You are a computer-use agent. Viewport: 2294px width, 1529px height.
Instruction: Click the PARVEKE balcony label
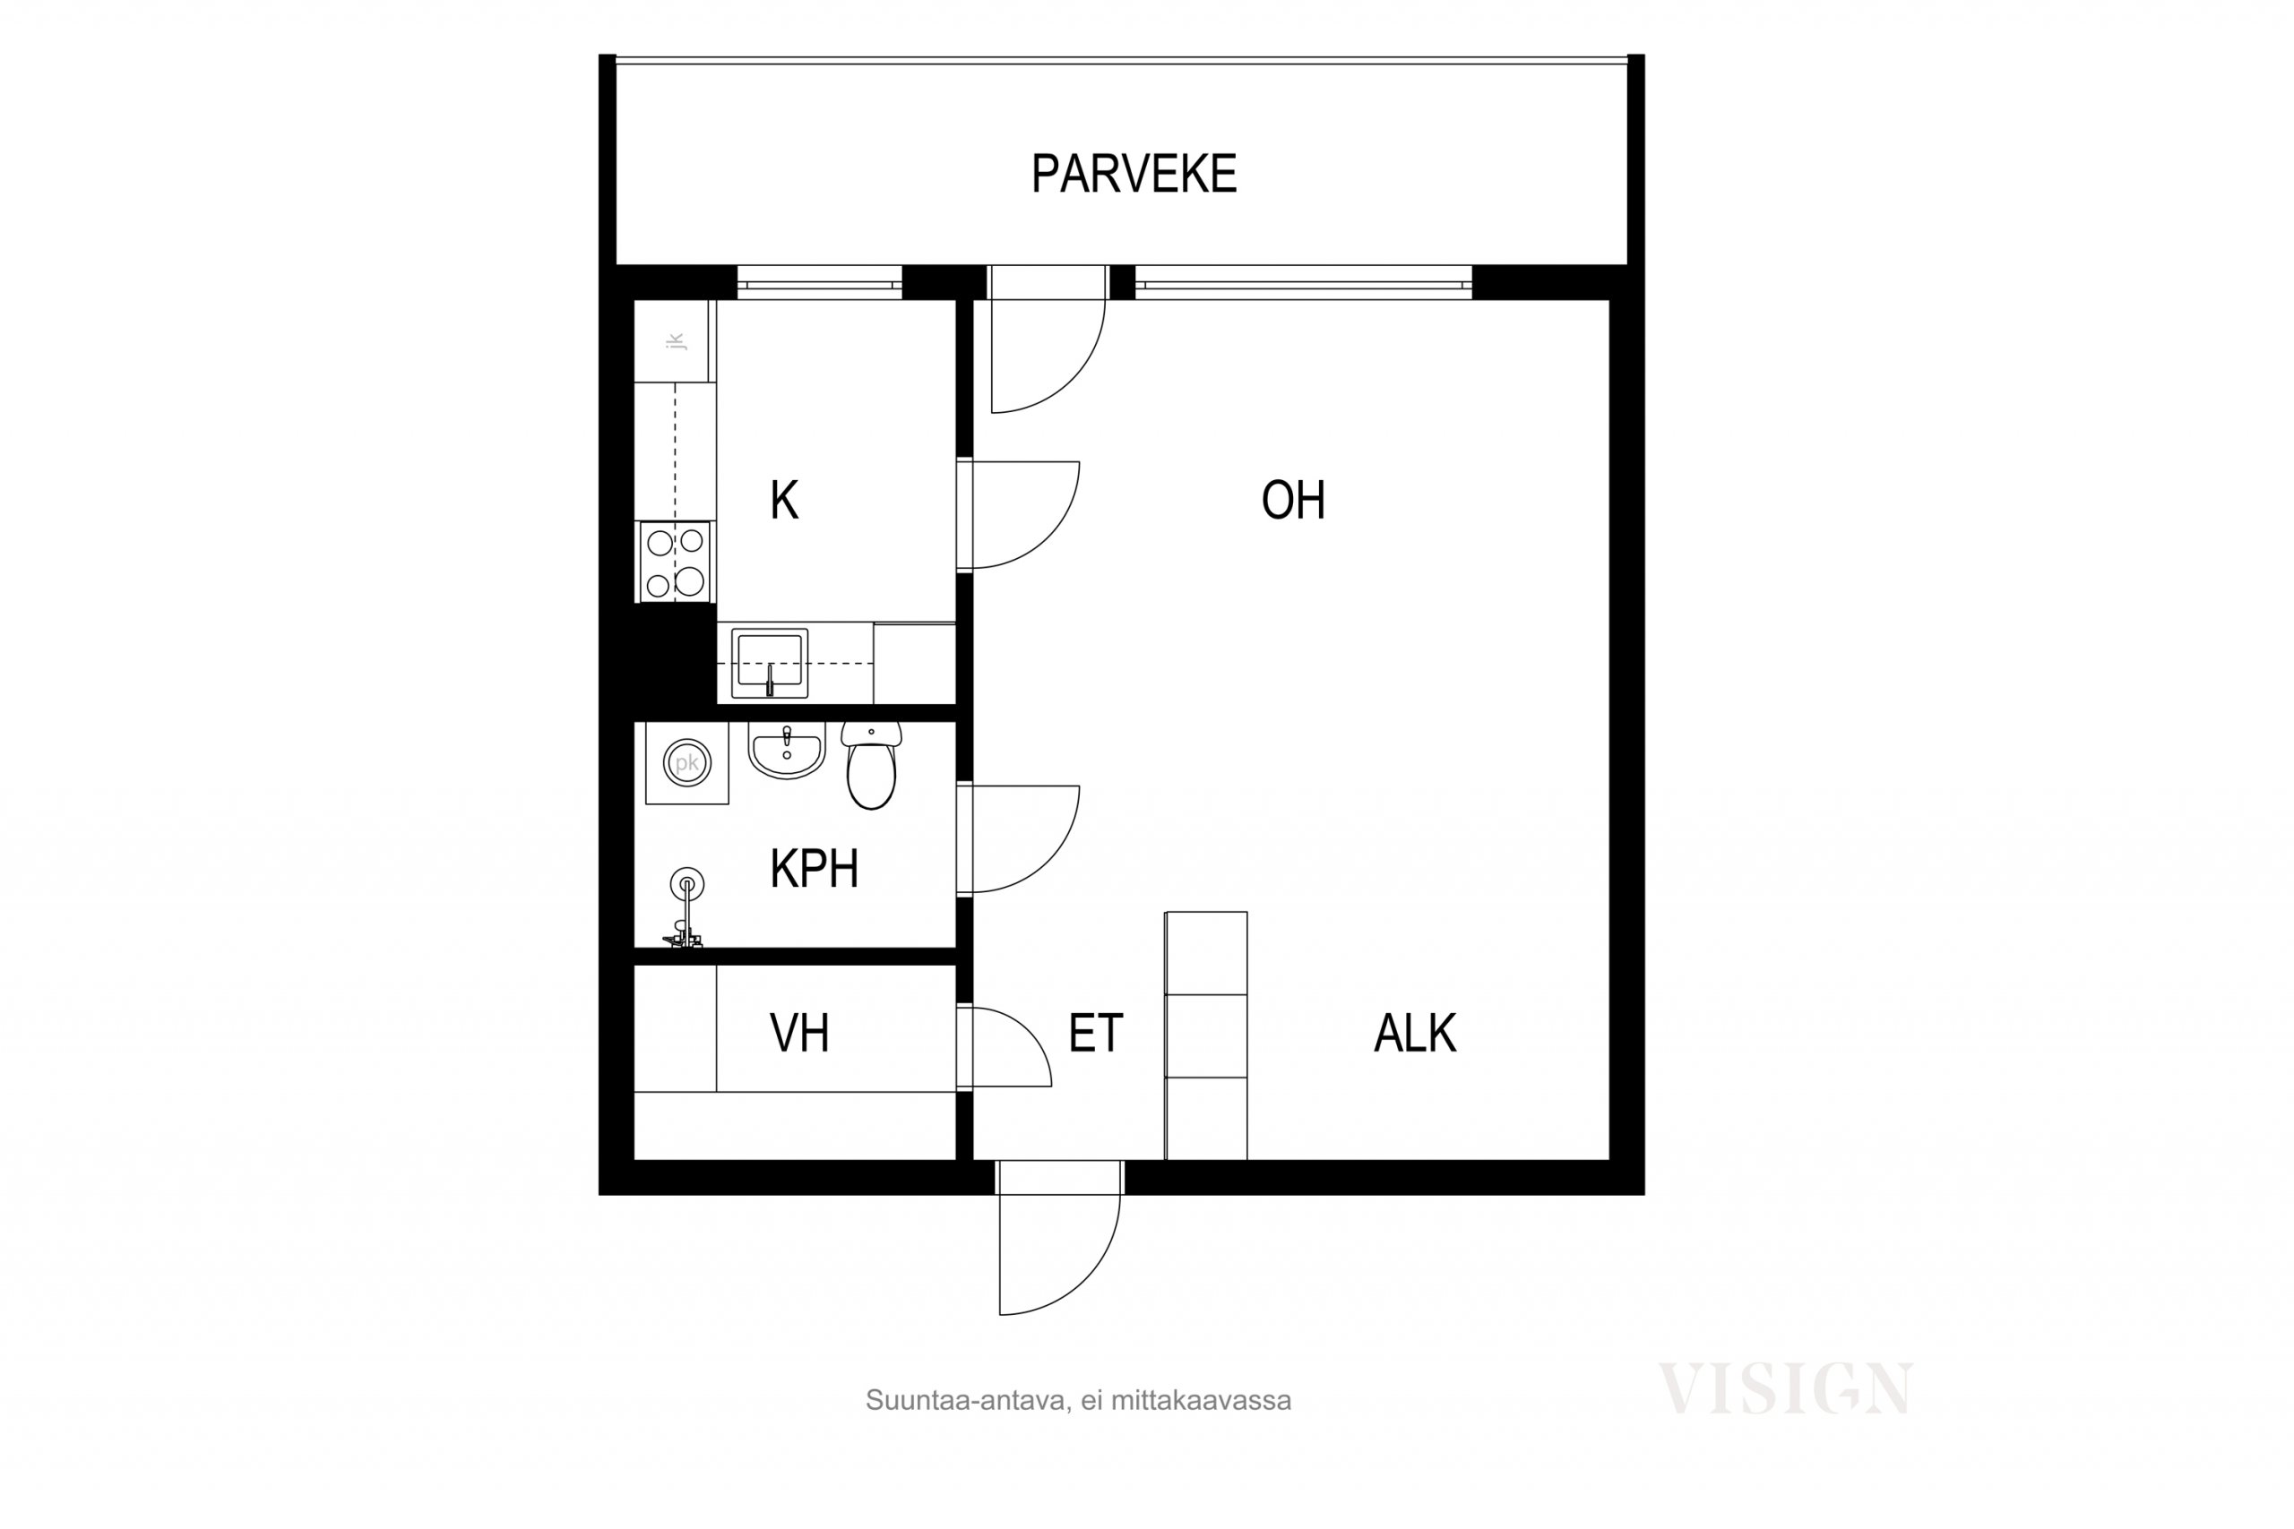coord(1134,174)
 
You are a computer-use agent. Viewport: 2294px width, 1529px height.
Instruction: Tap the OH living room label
coord(1292,500)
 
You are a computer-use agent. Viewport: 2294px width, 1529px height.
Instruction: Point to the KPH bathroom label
coord(814,869)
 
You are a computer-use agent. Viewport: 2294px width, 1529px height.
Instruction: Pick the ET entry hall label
coord(1095,1033)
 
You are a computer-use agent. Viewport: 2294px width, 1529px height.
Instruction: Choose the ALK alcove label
coord(1414,1033)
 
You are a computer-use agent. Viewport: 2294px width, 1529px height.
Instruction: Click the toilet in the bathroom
coord(871,766)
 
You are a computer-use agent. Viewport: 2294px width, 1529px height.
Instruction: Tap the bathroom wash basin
coord(786,750)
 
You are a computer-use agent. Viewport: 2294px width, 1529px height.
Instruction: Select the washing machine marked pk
coord(686,762)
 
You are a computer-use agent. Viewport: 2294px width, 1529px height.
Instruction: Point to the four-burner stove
coord(675,562)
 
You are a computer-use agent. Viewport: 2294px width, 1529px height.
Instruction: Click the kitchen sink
coord(770,663)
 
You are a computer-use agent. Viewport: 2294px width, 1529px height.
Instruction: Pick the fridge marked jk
coord(675,341)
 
